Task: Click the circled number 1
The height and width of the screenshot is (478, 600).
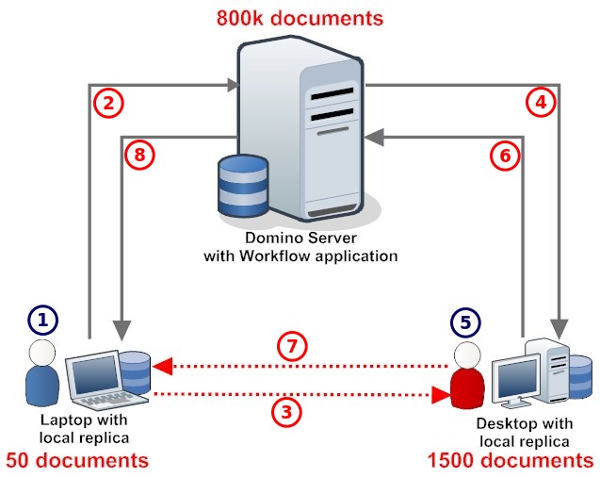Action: pos(43,320)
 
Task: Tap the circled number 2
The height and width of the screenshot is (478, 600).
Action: pos(110,103)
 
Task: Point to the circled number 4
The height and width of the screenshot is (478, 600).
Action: pos(540,103)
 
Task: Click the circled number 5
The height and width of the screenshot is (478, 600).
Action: pos(464,322)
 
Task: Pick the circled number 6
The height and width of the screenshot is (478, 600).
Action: pos(506,156)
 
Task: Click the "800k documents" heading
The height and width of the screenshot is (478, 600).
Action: pos(299,17)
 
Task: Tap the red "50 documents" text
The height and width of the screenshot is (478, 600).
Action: pos(76,461)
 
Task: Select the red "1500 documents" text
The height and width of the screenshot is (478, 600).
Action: pos(509,461)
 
